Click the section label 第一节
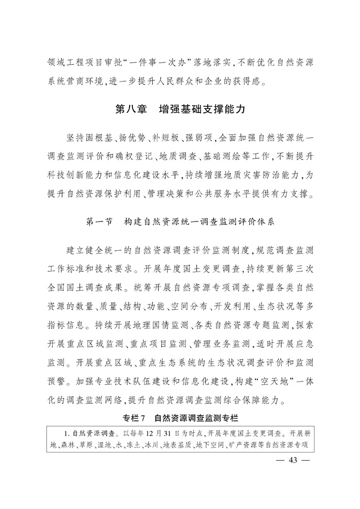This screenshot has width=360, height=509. click(x=100, y=221)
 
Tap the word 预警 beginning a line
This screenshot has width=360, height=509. click(x=59, y=382)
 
